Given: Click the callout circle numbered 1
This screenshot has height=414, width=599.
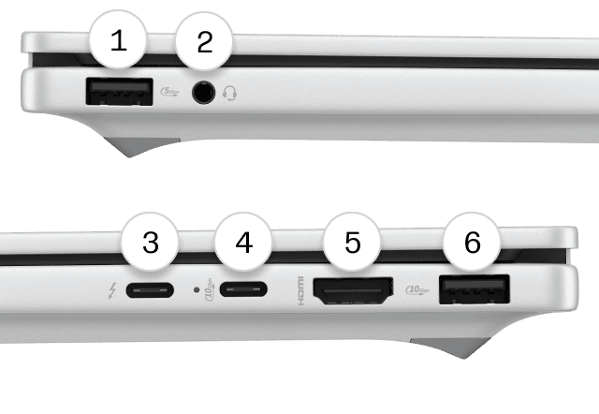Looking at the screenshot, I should tap(118, 40).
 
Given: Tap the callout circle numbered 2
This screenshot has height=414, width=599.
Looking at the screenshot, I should tap(205, 40).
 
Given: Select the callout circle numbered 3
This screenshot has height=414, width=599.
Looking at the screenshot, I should tap(150, 243).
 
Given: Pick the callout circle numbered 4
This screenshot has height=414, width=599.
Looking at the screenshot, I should tap(243, 243).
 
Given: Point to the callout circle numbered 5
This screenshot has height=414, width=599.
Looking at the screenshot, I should tap(352, 243).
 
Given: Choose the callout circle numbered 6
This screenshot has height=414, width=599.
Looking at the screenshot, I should tap(473, 243).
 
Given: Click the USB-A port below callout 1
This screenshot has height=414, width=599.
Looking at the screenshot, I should tap(119, 92).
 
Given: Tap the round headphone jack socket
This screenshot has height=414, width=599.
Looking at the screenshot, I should tap(203, 93).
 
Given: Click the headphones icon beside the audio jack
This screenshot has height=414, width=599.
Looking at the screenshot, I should tap(229, 93).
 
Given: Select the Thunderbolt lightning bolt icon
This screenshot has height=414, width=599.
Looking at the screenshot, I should tap(111, 290).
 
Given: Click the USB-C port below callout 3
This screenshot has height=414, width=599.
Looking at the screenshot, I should tap(151, 290).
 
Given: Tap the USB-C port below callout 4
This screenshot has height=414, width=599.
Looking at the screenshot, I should tap(244, 290).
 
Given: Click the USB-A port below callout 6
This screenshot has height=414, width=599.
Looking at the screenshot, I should tap(473, 291).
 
